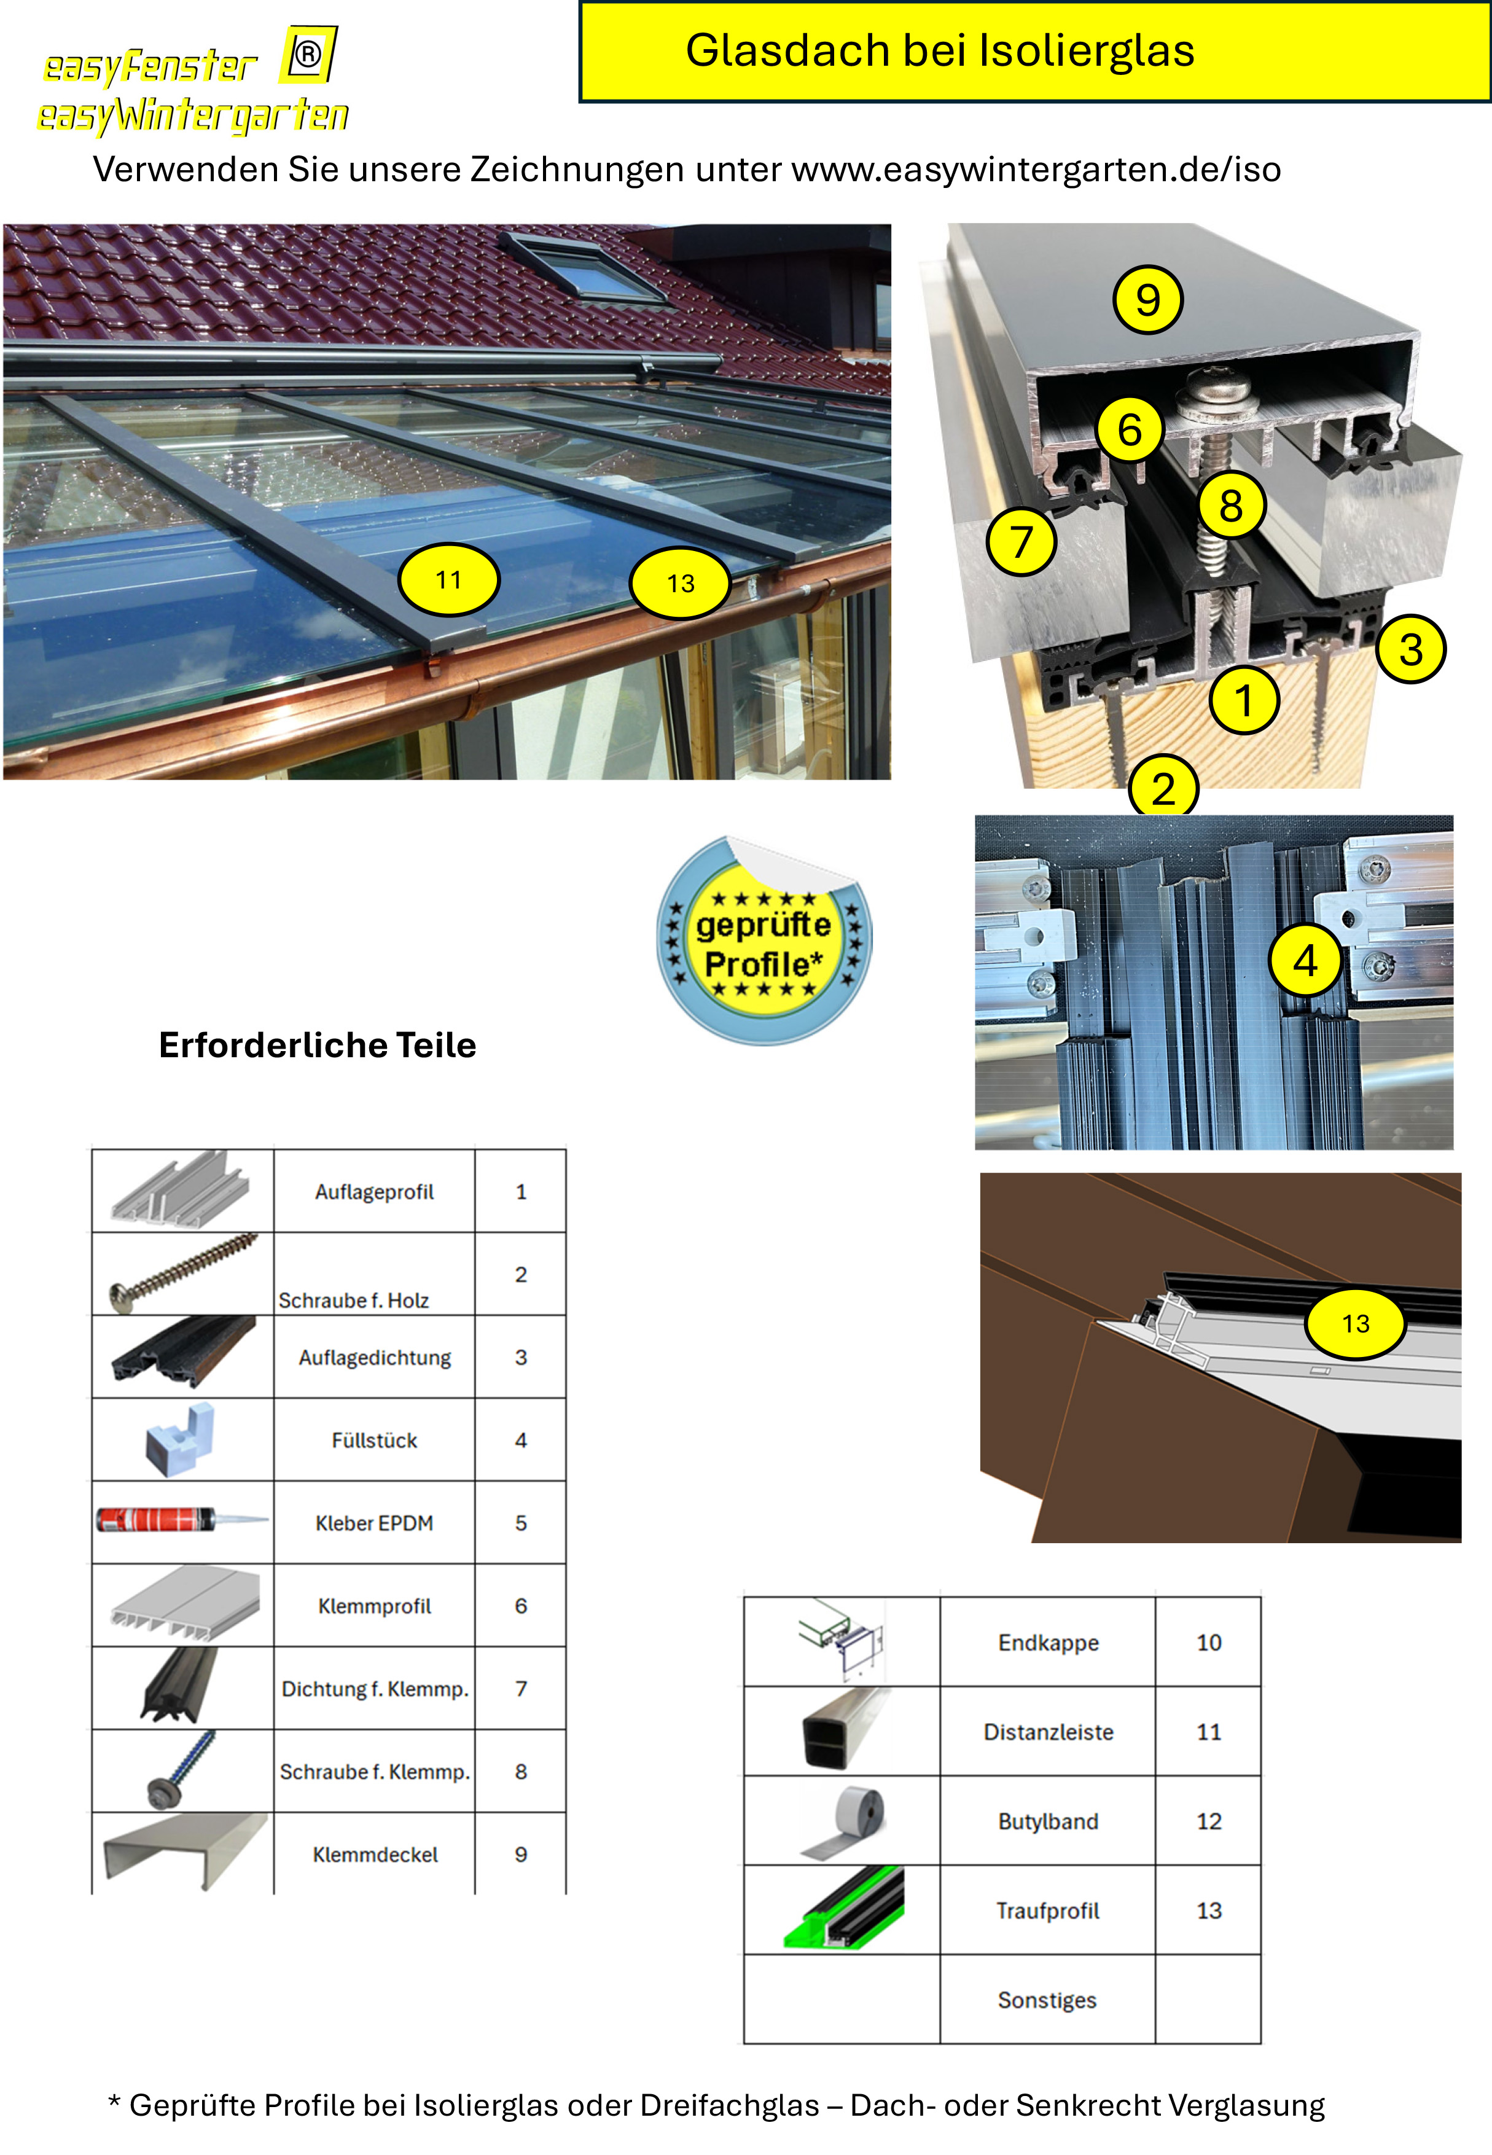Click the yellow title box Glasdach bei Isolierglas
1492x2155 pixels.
point(1034,52)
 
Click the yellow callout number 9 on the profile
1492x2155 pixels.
point(1148,300)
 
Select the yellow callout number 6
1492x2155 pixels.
point(1129,429)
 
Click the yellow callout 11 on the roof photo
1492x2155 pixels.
point(449,580)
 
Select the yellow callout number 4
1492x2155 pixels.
point(1305,960)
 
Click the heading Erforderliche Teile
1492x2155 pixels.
point(318,1044)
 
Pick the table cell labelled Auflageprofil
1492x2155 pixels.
point(374,1191)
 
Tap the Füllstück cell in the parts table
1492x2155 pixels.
point(374,1440)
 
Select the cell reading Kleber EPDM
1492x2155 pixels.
point(374,1523)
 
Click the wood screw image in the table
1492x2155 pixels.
point(182,1273)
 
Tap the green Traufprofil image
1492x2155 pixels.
point(844,1908)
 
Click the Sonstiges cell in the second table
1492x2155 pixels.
point(1047,2000)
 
